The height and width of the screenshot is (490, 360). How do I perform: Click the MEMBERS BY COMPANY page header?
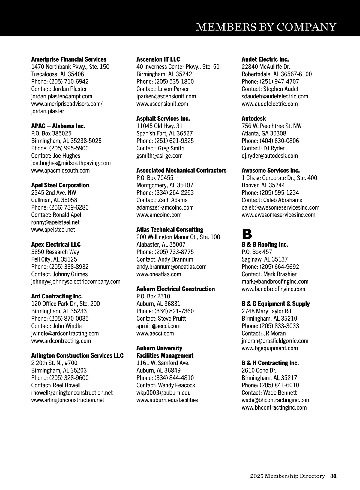266,27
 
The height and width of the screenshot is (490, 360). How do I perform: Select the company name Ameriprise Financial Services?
69,59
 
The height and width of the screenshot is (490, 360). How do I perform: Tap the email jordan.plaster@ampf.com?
62,96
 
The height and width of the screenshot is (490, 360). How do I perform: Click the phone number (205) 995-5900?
69,148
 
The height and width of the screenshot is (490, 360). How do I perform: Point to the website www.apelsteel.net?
53,230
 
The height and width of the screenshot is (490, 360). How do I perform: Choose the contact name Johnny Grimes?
70,274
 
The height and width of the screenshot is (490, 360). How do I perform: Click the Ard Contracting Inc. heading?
57,296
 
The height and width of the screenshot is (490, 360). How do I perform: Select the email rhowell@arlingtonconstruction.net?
72,393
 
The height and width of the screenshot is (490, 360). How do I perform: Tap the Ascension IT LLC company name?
158,59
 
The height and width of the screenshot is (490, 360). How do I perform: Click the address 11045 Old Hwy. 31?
159,126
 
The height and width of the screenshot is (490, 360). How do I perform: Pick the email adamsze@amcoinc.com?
165,207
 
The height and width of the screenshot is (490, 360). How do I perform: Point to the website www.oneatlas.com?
159,274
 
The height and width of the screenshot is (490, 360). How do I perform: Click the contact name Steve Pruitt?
172,319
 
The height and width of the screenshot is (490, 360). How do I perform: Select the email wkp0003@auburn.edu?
163,393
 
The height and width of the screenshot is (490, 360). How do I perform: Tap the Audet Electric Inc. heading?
265,59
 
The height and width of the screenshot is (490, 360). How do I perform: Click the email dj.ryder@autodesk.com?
270,156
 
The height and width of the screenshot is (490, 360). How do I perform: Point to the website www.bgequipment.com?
270,348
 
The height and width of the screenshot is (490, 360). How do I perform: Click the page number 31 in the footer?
333,476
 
